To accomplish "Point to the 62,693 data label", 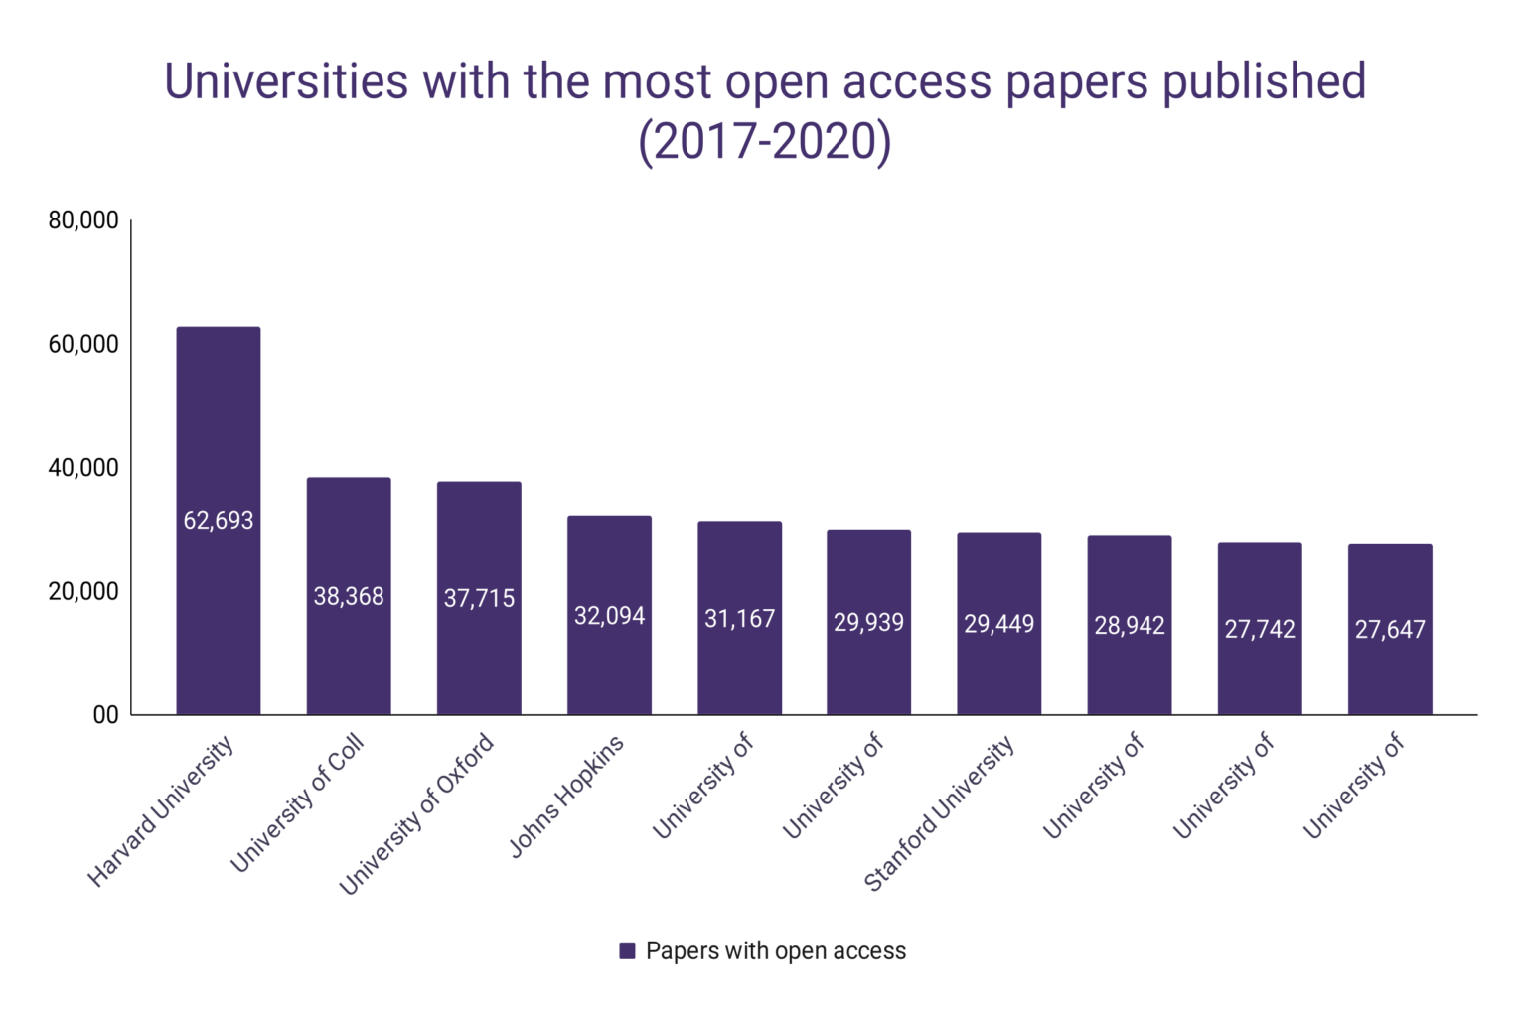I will pyautogui.click(x=219, y=520).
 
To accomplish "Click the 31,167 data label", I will pyautogui.click(x=739, y=619).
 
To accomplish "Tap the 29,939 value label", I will pyautogui.click(x=869, y=622).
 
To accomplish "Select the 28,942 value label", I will pyautogui.click(x=1130, y=625).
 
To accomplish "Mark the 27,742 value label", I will pyautogui.click(x=1260, y=629).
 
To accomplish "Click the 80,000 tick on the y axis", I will pyautogui.click(x=83, y=220).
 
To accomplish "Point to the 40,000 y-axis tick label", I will pyautogui.click(x=83, y=468).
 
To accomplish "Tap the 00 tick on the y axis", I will pyautogui.click(x=105, y=715).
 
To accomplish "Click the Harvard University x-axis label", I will pyautogui.click(x=161, y=810).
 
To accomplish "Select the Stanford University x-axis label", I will pyautogui.click(x=940, y=812).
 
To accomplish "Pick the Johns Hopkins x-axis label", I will pyautogui.click(x=566, y=796).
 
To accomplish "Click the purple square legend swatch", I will pyautogui.click(x=627, y=950).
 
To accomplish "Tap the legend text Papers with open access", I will pyautogui.click(x=776, y=950).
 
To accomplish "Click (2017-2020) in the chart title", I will pyautogui.click(x=764, y=141).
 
